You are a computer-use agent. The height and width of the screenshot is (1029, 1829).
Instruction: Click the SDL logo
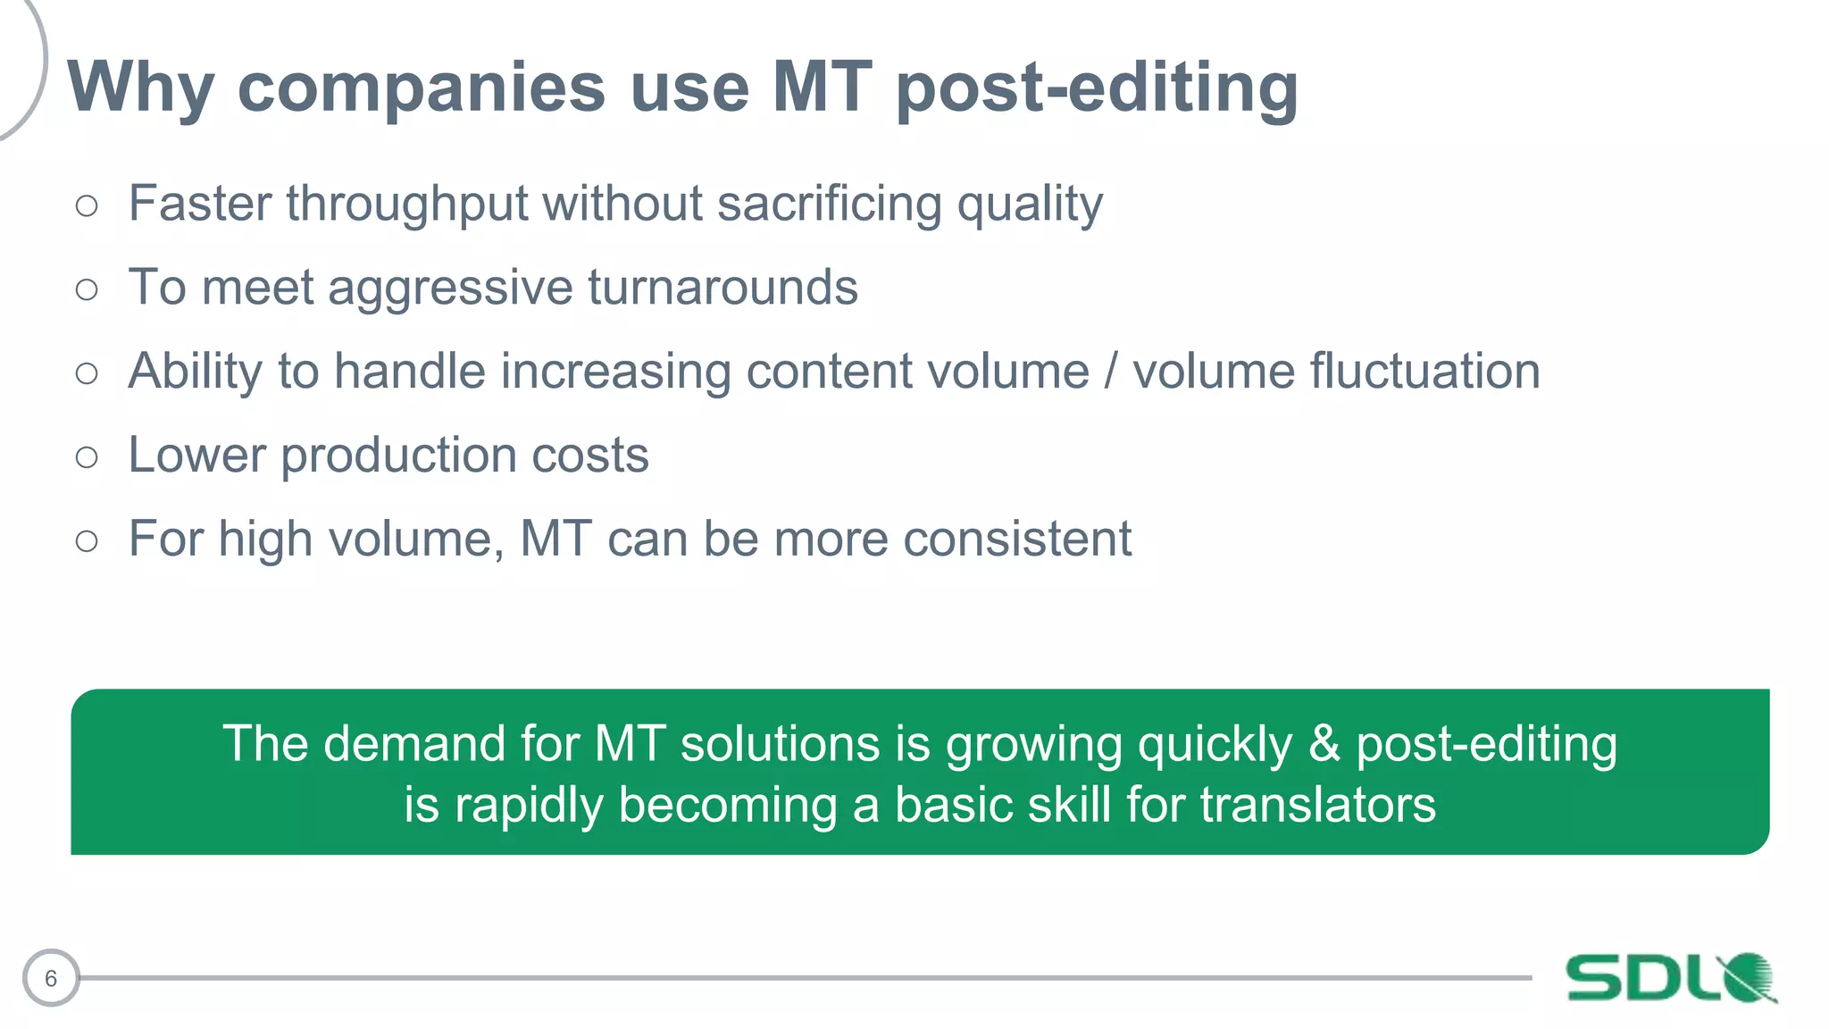coord(1670,977)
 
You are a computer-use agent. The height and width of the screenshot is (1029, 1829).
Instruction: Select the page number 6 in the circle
coord(51,978)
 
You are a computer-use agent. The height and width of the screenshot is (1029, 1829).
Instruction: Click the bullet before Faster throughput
coord(87,206)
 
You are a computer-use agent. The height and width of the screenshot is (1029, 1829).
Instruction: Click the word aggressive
coord(450,288)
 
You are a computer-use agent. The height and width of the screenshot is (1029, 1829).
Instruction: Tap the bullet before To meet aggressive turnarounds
coord(87,289)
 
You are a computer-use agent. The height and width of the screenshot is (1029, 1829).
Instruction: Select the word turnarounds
coord(722,288)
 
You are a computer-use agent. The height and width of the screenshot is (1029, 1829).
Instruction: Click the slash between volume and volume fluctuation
coord(1111,372)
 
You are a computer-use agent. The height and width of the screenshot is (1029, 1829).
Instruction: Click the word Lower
coord(196,455)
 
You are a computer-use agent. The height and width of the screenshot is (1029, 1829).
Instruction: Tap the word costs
coord(590,455)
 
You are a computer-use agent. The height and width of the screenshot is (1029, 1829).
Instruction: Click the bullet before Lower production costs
coord(87,457)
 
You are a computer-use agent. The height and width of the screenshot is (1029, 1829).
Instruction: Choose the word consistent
coord(1017,539)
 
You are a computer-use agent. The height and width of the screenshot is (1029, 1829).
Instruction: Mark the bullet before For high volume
coord(87,540)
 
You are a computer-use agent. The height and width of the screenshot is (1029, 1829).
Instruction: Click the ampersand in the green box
coord(1324,743)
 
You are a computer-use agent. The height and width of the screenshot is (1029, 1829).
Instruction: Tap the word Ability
coord(195,372)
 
